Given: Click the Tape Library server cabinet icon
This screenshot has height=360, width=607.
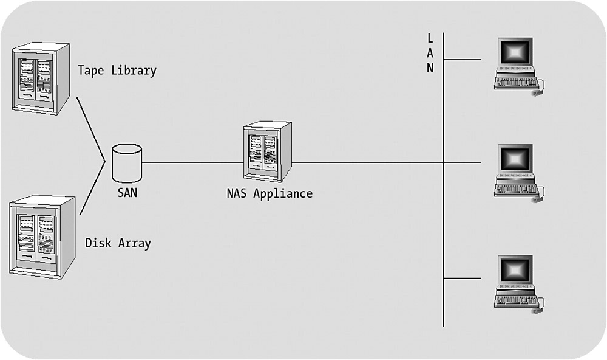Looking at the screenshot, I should [x=41, y=78].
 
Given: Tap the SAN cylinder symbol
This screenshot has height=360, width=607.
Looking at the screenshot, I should [x=127, y=162].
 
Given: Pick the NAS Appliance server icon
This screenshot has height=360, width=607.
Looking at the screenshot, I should [x=267, y=151].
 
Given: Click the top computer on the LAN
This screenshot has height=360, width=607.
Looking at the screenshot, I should [x=516, y=66].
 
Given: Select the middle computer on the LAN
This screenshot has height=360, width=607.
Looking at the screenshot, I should [x=516, y=173].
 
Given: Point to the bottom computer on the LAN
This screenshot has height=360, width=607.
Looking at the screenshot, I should [x=516, y=283].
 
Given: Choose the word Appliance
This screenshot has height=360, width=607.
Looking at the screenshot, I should [x=283, y=194].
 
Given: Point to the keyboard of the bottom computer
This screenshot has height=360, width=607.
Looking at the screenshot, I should [x=515, y=300].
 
